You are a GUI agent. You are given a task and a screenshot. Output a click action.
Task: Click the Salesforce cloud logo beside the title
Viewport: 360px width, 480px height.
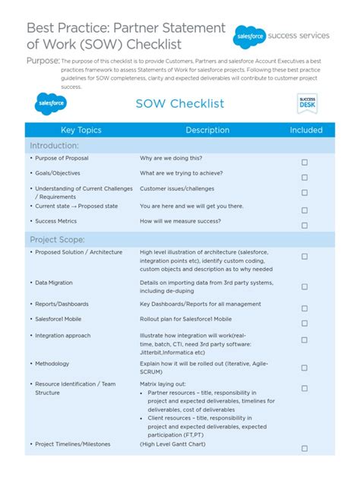pyautogui.click(x=251, y=35)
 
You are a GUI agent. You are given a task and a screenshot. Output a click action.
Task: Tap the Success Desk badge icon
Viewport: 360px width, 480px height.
pyautogui.click(x=307, y=104)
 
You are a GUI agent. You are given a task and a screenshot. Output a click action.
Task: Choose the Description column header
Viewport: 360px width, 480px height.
pyautogui.click(x=207, y=130)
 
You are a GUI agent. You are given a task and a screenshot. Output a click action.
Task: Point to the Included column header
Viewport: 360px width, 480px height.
pyautogui.click(x=306, y=130)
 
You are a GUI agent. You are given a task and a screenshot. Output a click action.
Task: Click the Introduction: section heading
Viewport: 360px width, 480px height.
pyautogui.click(x=54, y=146)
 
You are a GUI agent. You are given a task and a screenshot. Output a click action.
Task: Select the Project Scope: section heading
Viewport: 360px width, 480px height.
pyautogui.click(x=58, y=240)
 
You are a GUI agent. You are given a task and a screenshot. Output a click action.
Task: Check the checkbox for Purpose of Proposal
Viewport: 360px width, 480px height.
pyautogui.click(x=305, y=163)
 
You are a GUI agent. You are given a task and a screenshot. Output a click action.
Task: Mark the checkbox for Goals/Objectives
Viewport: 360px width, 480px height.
pyautogui.click(x=305, y=177)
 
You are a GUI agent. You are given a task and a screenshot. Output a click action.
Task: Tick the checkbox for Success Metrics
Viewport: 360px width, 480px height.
pyautogui.click(x=305, y=226)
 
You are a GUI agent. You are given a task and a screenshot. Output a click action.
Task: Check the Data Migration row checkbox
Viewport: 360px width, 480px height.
pyautogui.click(x=305, y=286)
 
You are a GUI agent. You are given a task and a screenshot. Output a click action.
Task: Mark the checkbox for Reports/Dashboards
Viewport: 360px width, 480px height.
pyautogui.click(x=305, y=308)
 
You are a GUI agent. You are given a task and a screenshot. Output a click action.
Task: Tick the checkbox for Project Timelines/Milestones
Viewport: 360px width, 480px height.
pyautogui.click(x=305, y=448)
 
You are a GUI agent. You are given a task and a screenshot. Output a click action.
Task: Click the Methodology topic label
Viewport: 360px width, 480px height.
pyautogui.click(x=52, y=364)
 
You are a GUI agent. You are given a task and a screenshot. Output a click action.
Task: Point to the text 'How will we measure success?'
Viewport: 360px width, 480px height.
pyautogui.click(x=181, y=221)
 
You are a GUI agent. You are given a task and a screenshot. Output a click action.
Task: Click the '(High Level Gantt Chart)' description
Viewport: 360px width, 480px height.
pyautogui.click(x=176, y=444)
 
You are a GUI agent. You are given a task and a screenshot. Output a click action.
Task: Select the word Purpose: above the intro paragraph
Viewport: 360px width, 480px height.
pyautogui.click(x=43, y=60)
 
